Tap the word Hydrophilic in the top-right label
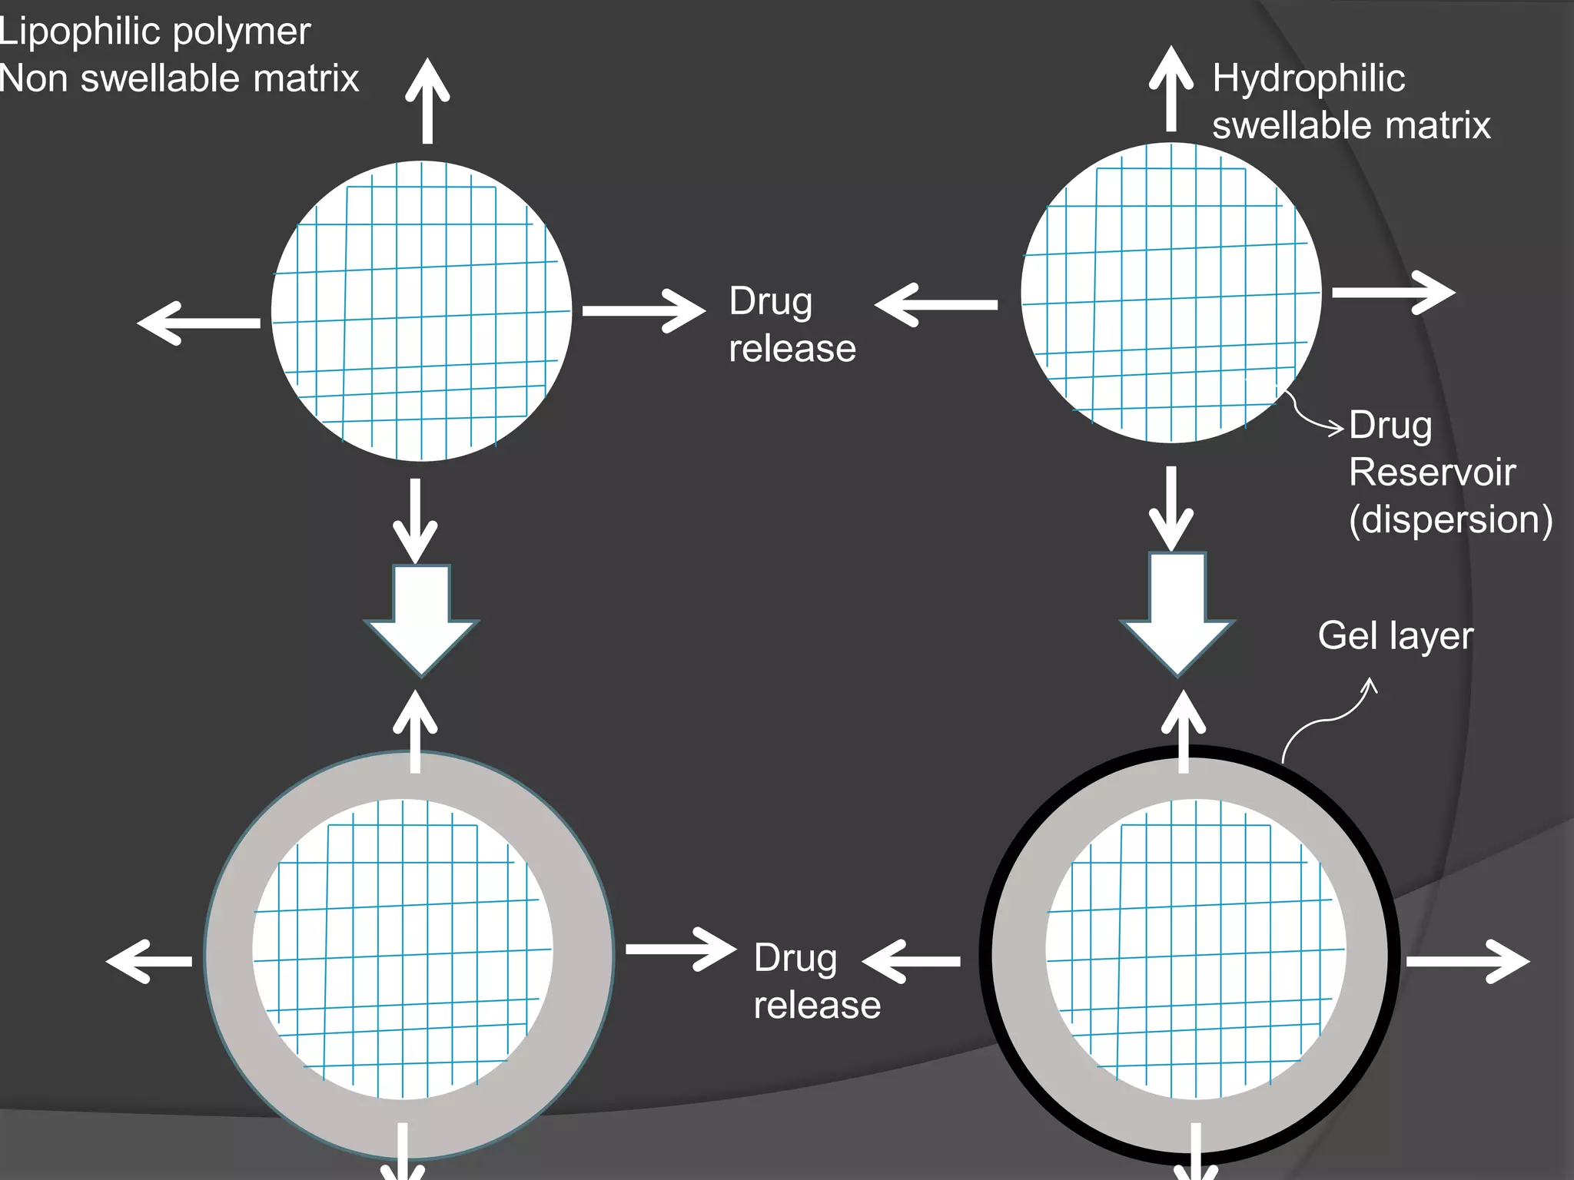[x=1308, y=78]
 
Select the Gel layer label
[x=1395, y=636]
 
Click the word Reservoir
[x=1432, y=472]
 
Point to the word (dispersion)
[x=1450, y=519]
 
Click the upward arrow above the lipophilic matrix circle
[x=427, y=100]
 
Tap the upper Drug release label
[x=792, y=325]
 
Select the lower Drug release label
[x=816, y=982]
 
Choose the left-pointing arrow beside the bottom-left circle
[x=149, y=961]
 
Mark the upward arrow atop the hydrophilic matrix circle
[x=1171, y=88]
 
